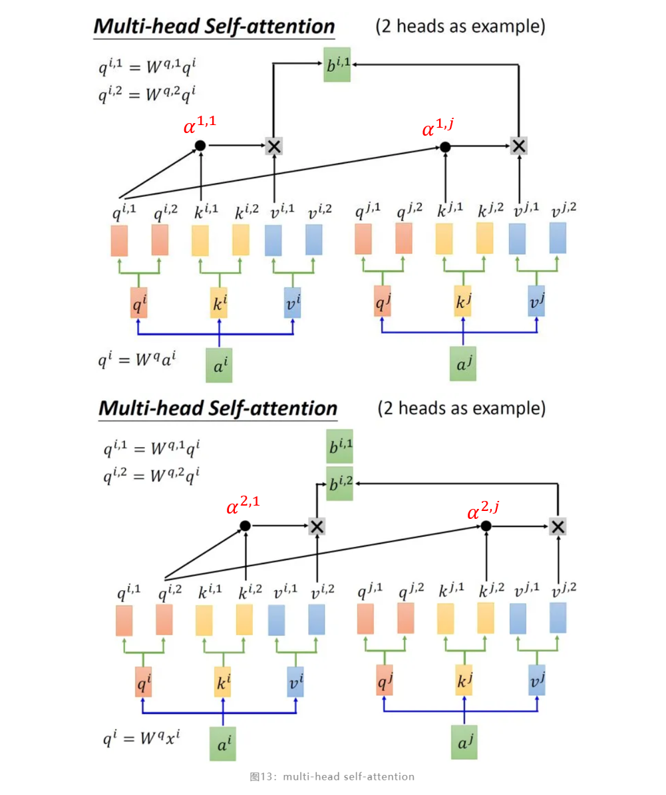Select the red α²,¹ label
click(x=243, y=506)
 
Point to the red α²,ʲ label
click(x=483, y=510)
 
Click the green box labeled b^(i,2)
click(x=339, y=484)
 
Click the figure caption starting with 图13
click(x=332, y=776)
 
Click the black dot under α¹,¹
click(x=200, y=146)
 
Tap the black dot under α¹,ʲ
click(x=445, y=147)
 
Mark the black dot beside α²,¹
click(x=245, y=526)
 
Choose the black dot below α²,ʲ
click(x=486, y=526)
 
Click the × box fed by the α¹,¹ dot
click(x=273, y=146)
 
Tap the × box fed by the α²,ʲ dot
click(x=558, y=527)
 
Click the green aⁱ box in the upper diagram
click(x=219, y=365)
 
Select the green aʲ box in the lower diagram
click(x=464, y=744)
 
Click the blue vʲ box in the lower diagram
click(x=537, y=681)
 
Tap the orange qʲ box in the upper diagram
click(x=382, y=302)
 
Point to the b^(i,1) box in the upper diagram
click(x=337, y=65)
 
